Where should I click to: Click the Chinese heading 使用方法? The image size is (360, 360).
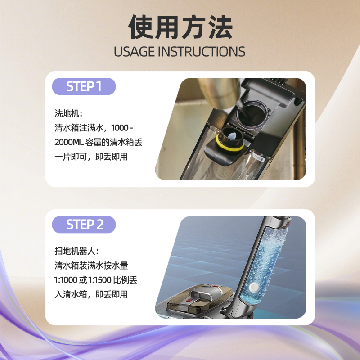180,27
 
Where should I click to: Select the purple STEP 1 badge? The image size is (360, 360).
84,86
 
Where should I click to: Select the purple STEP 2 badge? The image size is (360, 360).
84,224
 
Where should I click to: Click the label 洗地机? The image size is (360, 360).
68,113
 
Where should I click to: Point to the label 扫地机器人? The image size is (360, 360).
76,251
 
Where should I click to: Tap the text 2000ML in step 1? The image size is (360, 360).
69,143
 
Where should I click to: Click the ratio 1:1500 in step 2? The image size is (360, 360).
99,280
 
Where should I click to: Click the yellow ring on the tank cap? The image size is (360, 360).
229,146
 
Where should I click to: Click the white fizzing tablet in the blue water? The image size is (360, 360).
254,287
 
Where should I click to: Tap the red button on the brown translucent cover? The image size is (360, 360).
189,300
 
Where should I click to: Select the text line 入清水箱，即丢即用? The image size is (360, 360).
91,294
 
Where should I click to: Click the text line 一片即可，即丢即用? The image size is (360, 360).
91,157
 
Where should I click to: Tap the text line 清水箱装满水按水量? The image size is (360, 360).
91,265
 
